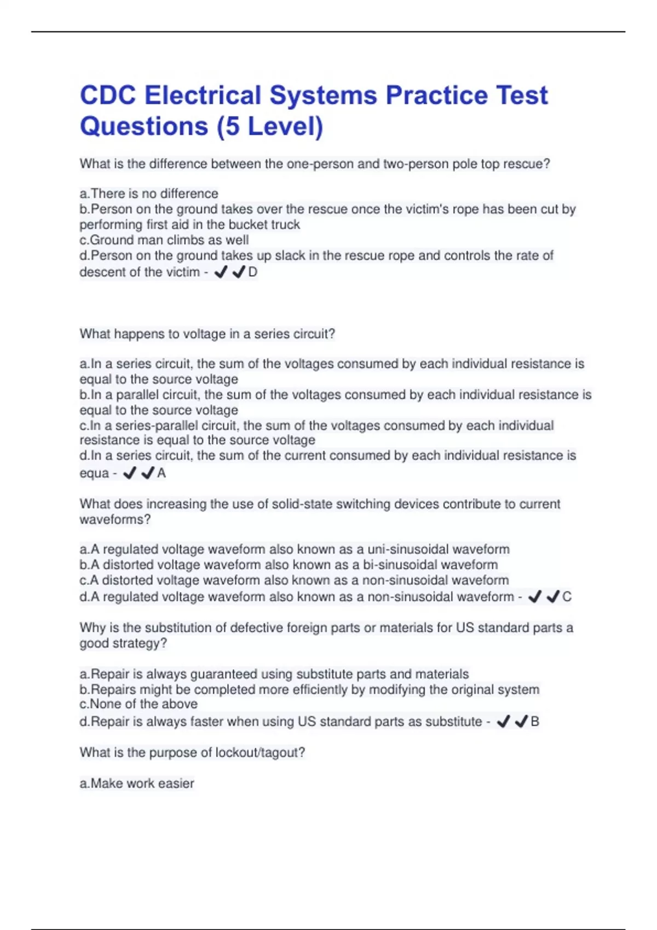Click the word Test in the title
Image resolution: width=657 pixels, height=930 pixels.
click(x=522, y=95)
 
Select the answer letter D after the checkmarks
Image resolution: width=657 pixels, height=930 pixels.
click(x=252, y=272)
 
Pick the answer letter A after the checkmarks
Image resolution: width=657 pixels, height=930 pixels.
click(x=162, y=473)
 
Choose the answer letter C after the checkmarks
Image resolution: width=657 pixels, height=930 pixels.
click(x=567, y=597)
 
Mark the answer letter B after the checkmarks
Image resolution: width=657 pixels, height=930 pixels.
click(x=535, y=722)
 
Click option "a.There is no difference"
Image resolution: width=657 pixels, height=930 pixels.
click(x=149, y=194)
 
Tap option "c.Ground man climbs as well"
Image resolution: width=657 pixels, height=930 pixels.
click(x=164, y=240)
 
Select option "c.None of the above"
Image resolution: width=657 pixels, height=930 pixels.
click(x=139, y=704)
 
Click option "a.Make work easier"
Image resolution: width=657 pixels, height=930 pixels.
click(x=137, y=783)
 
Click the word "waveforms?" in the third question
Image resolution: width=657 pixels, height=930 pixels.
click(x=115, y=520)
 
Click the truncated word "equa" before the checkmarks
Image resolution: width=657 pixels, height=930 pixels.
click(x=94, y=473)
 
